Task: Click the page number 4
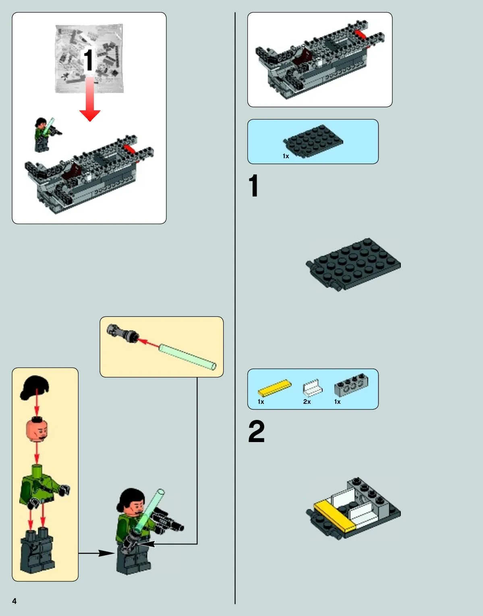[x=15, y=601]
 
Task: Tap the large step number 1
[x=253, y=185]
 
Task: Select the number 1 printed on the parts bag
[x=88, y=60]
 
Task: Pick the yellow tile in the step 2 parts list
[x=275, y=388]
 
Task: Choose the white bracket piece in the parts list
[x=313, y=387]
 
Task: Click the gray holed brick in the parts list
[x=351, y=384]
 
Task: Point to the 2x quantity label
[x=307, y=402]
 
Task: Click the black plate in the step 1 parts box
[x=313, y=141]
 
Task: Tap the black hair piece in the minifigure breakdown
[x=34, y=387]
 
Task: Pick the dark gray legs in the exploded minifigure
[x=37, y=550]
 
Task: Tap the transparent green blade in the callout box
[x=187, y=357]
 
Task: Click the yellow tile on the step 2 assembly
[x=335, y=516]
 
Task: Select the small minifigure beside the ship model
[x=46, y=134]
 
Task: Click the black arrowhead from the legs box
[x=107, y=553]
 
